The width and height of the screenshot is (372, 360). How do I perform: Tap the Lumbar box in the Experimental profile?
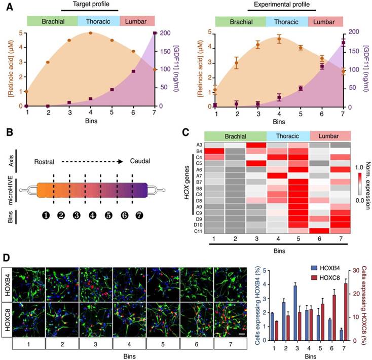pos(325,22)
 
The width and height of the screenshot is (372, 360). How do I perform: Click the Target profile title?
pos(90,4)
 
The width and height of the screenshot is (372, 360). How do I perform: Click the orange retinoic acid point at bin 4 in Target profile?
pos(90,33)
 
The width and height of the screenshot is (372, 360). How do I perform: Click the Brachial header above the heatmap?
pos(235,136)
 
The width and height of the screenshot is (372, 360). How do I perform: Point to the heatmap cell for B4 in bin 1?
pos(215,151)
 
